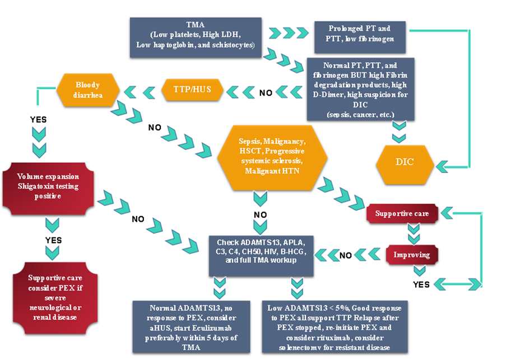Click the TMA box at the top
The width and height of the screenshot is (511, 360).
tap(196, 37)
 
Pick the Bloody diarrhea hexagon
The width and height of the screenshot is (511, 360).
tap(87, 90)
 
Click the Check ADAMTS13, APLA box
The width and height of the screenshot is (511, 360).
tap(261, 255)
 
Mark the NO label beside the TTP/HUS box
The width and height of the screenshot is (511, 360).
tap(266, 92)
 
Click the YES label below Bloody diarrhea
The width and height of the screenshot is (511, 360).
tap(38, 119)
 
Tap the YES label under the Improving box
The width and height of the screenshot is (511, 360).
tap(422, 284)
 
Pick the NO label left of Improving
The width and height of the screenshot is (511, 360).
tap(346, 255)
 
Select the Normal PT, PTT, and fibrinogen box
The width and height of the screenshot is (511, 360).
tap(360, 88)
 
